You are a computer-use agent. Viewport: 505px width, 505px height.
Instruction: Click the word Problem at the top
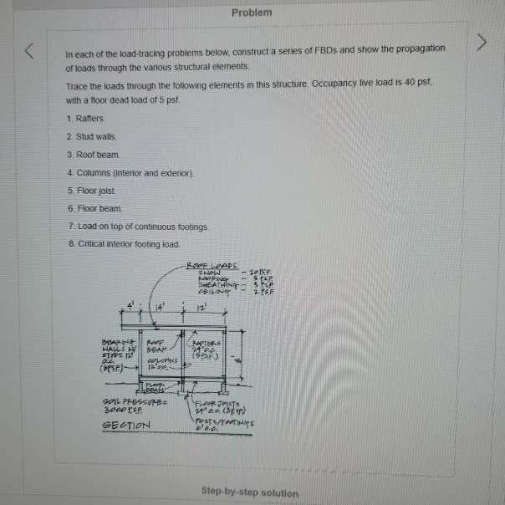tap(252, 13)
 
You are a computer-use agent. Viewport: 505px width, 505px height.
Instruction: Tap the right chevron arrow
tap(479, 43)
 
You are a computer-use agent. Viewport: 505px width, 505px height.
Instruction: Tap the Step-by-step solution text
tap(250, 492)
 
